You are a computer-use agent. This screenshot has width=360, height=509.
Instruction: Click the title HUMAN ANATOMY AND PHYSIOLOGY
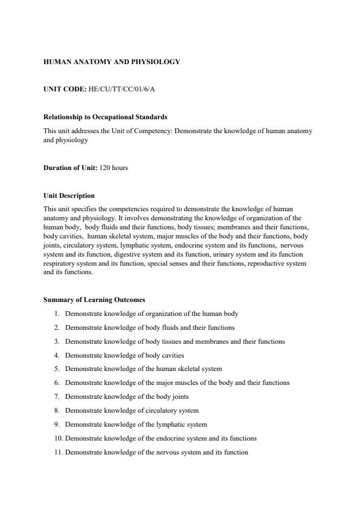pyautogui.click(x=112, y=62)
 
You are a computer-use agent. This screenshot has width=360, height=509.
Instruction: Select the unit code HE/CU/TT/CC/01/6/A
pyautogui.click(x=122, y=89)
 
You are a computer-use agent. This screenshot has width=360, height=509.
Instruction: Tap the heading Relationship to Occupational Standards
pyautogui.click(x=105, y=117)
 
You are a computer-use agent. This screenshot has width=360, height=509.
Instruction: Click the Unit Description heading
pyautogui.click(x=69, y=195)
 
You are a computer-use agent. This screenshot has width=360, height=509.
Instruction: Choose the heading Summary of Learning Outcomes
pyautogui.click(x=94, y=300)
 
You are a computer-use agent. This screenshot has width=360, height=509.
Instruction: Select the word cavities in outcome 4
pyautogui.click(x=171, y=355)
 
